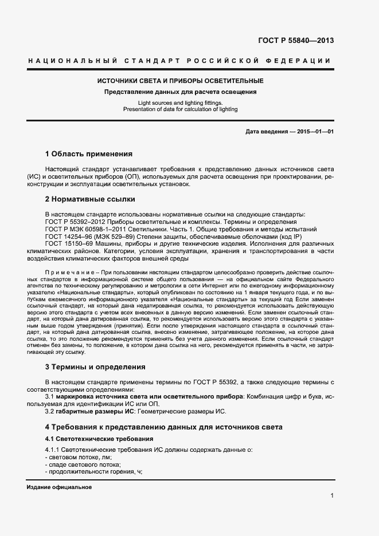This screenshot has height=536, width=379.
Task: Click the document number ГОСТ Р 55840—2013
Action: pyautogui.click(x=296, y=41)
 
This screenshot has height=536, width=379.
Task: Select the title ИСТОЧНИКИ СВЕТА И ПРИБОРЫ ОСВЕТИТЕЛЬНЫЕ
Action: pyautogui.click(x=180, y=81)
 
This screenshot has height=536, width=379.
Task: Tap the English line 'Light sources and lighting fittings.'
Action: pyautogui.click(x=180, y=103)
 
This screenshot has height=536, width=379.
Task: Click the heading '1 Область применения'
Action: pyautogui.click(x=89, y=154)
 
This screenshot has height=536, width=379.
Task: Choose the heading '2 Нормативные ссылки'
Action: pyautogui.click(x=90, y=199)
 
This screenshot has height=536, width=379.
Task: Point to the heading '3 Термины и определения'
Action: pyautogui.click(x=95, y=366)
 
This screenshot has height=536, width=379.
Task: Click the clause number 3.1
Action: pyautogui.click(x=50, y=396)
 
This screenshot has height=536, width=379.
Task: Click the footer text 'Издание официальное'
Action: pyautogui.click(x=60, y=487)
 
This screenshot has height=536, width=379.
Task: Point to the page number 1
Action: pyautogui.click(x=332, y=496)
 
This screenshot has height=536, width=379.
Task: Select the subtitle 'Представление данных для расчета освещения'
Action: pyautogui.click(x=180, y=92)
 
